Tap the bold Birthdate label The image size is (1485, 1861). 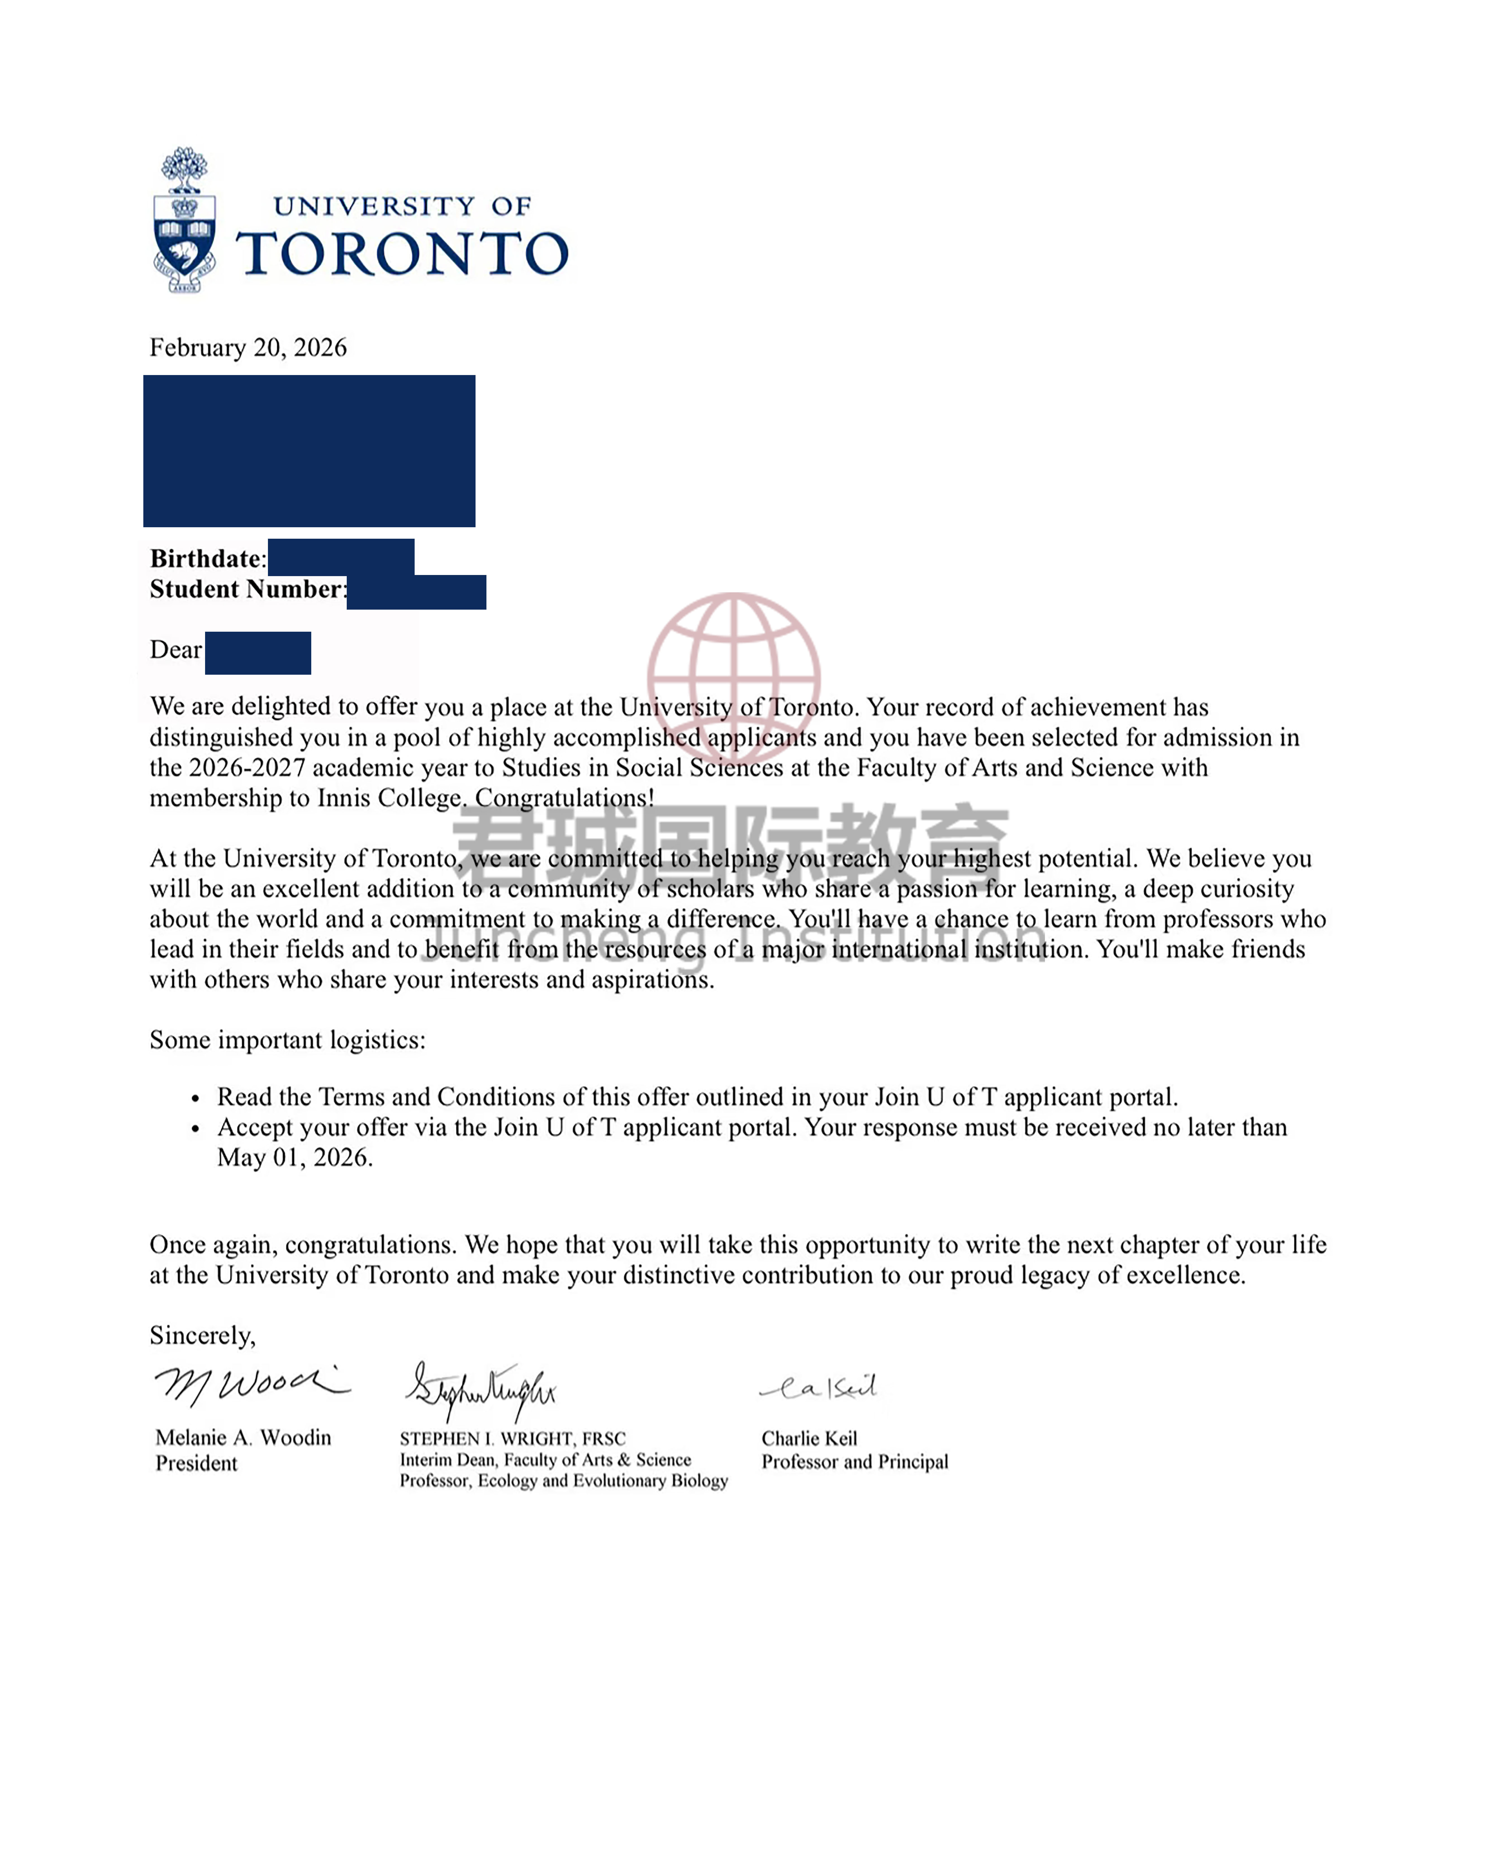205,559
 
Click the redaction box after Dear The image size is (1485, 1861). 258,653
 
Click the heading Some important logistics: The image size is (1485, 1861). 288,1040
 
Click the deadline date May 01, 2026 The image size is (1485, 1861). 294,1158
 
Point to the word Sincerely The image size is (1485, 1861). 202,1336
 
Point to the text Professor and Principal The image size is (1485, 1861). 854,1461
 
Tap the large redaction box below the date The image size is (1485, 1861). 309,450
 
